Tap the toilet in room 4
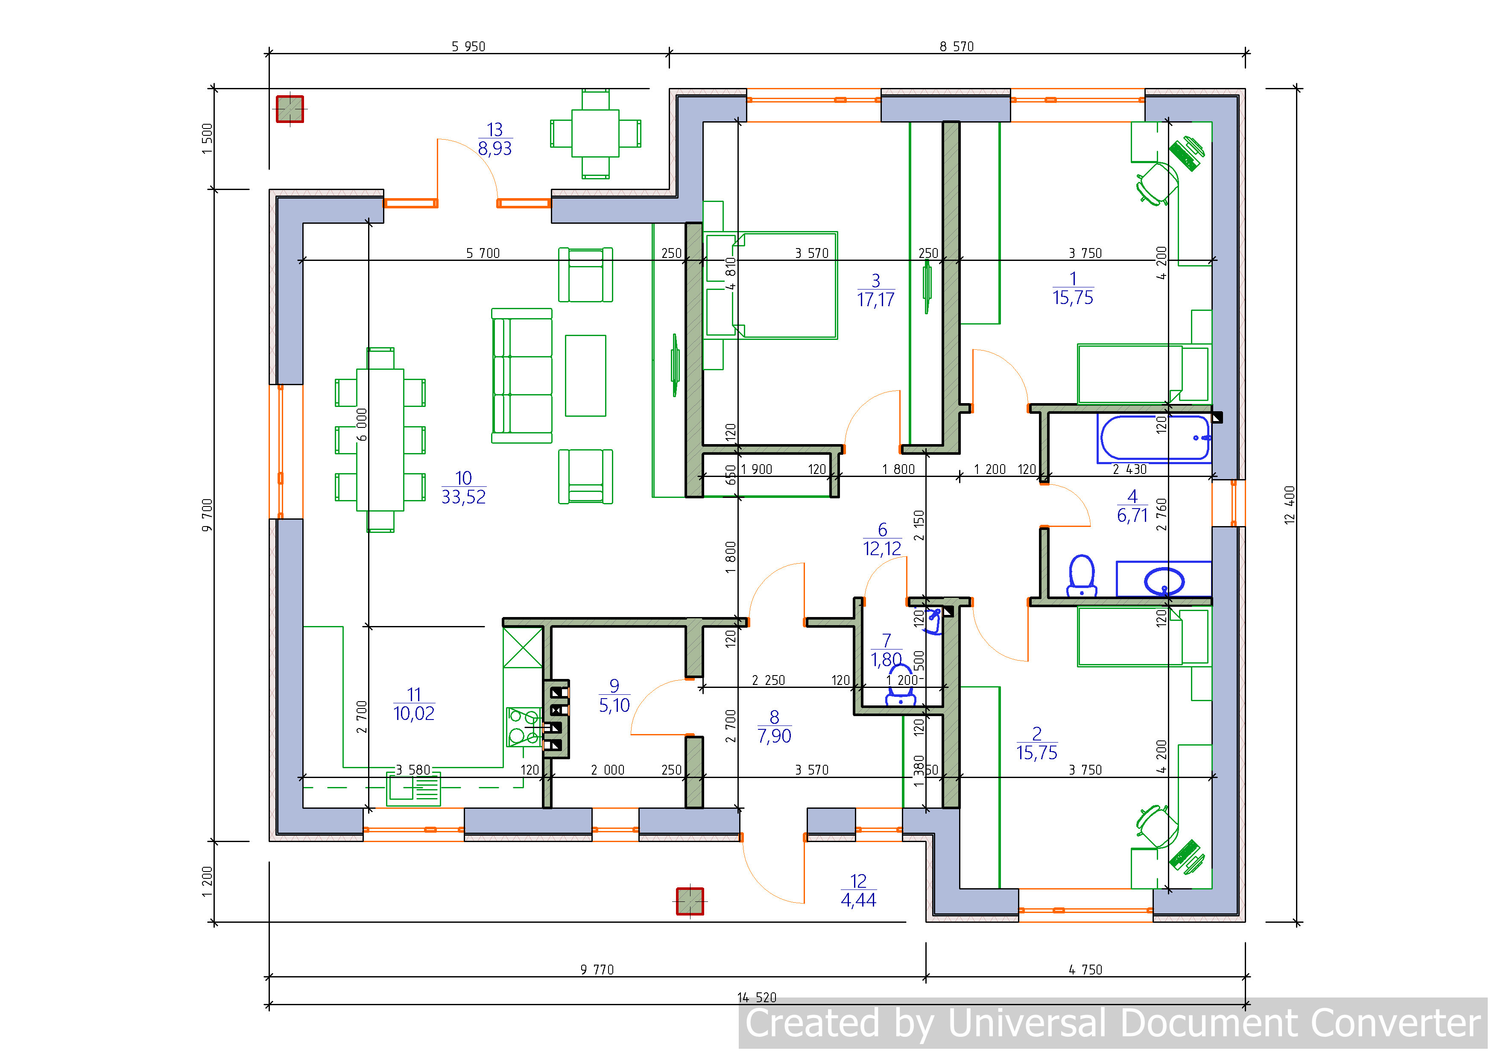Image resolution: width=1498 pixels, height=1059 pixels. click(x=1082, y=576)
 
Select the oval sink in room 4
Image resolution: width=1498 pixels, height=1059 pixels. click(x=1164, y=581)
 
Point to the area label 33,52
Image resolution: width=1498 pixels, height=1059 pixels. click(x=463, y=497)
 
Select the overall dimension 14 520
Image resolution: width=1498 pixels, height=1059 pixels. click(x=757, y=998)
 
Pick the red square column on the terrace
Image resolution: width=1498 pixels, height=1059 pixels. click(x=290, y=109)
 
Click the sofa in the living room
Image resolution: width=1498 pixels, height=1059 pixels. click(x=522, y=376)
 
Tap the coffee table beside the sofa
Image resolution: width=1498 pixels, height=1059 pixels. click(x=585, y=376)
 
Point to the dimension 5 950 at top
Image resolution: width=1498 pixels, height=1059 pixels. click(x=468, y=46)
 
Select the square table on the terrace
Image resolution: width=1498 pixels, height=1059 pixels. click(x=595, y=134)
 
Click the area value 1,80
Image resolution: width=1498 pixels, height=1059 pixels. click(x=886, y=660)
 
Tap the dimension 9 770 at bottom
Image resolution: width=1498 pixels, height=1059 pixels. click(x=597, y=970)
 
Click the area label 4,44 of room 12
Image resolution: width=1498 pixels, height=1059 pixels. click(x=859, y=901)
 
